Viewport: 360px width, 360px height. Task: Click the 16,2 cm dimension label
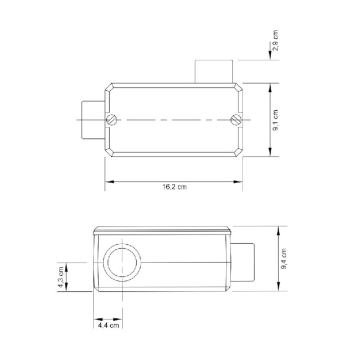(174, 187)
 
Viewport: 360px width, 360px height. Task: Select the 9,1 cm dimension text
(276, 120)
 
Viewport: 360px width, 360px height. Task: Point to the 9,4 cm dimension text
(284, 259)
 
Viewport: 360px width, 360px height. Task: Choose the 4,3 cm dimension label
(61, 277)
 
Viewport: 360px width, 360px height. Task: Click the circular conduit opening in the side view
(121, 263)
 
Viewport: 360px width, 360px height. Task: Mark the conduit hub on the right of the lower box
(243, 263)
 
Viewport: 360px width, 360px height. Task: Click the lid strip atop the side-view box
(162, 229)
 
